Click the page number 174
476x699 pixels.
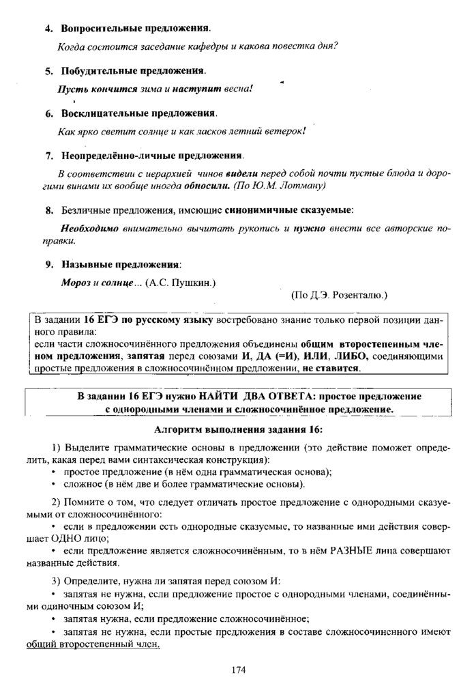[238, 670]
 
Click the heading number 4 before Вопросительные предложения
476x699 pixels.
[49, 29]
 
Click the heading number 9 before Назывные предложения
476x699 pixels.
[49, 263]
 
